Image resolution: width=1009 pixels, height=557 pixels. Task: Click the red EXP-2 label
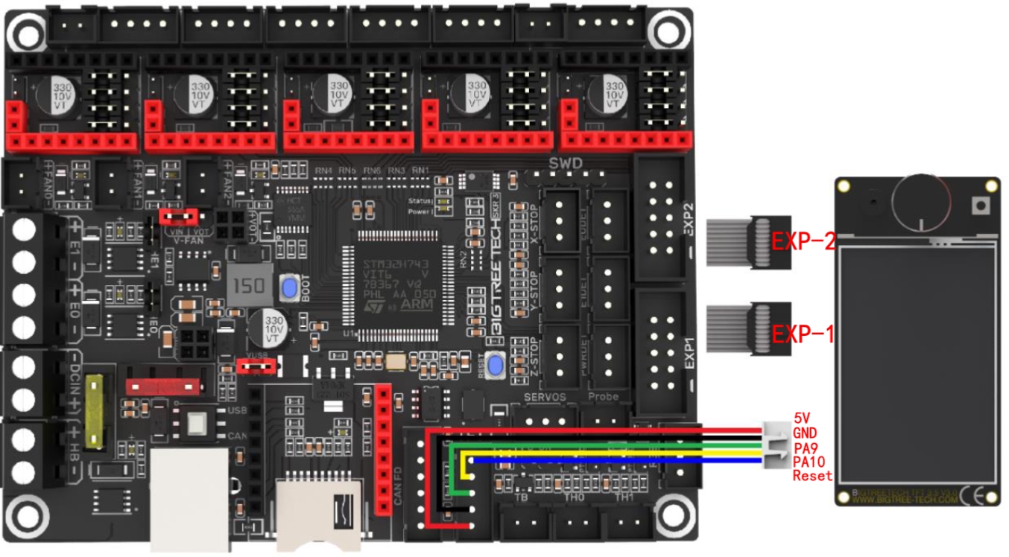coord(802,241)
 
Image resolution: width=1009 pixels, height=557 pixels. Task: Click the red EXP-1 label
coord(802,332)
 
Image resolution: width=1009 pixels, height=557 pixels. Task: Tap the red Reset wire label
coord(812,477)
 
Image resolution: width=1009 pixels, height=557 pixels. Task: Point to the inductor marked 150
coord(247,286)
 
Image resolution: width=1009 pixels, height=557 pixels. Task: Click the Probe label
coord(603,396)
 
